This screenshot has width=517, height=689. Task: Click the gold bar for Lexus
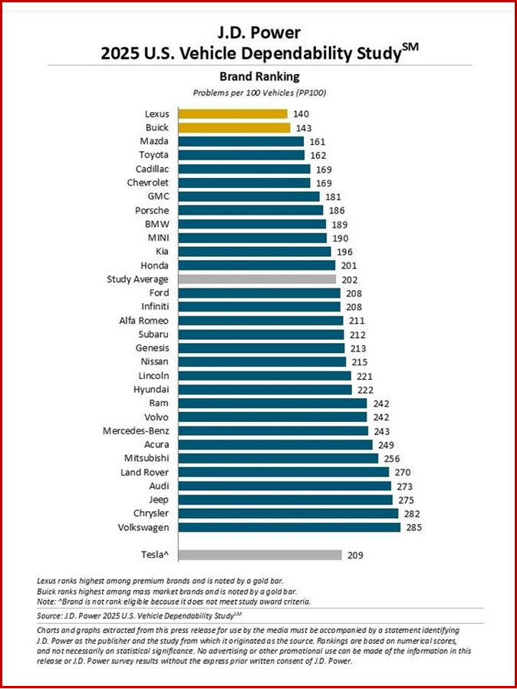pos(232,114)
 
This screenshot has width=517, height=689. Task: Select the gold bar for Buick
pos(234,127)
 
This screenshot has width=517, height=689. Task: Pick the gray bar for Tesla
pos(259,555)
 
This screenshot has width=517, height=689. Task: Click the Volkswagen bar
pos(288,527)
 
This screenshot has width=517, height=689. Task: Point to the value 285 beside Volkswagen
pos(415,527)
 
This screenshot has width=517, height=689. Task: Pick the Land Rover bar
pos(283,472)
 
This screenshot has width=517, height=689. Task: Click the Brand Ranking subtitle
pos(259,77)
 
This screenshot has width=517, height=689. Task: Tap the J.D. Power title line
pos(259,33)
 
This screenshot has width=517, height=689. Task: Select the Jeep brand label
pos(158,499)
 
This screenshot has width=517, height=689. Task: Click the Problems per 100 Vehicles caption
pos(259,92)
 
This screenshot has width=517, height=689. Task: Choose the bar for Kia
pos(254,252)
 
